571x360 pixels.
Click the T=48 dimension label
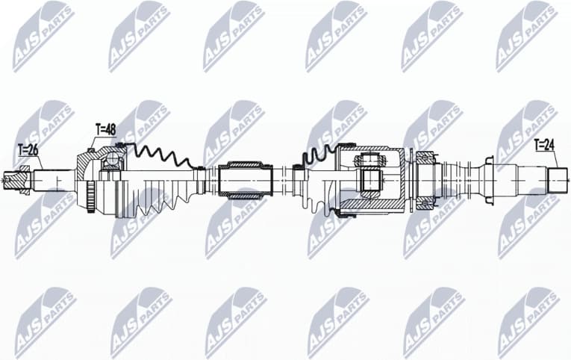click(x=106, y=130)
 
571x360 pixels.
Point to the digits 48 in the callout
click(x=111, y=130)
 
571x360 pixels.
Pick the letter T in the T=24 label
click(x=537, y=145)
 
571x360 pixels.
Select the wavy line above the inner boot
click(x=317, y=155)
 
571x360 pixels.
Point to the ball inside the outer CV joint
click(x=112, y=159)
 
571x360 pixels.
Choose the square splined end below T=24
click(x=558, y=180)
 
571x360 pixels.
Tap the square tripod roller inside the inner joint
click(x=369, y=180)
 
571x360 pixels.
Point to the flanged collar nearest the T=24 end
click(x=488, y=179)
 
